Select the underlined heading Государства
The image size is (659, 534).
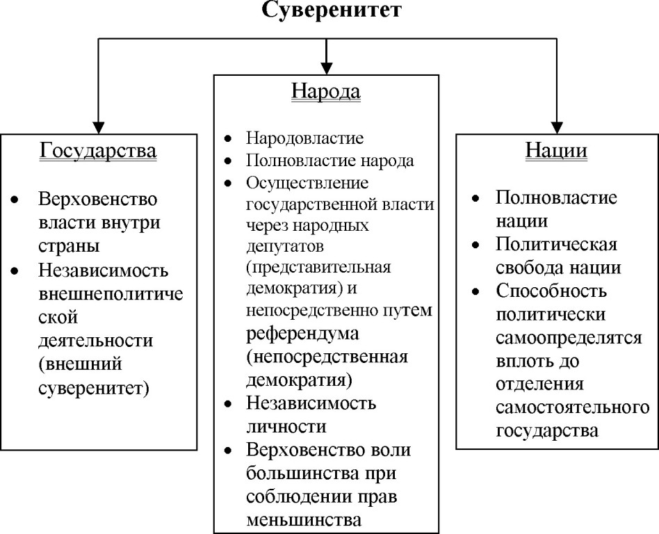97,151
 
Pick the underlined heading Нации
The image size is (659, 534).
556,151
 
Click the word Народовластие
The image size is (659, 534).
304,138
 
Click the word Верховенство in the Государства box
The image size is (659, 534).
98,200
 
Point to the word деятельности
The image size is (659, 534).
95,341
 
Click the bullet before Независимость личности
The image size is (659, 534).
229,404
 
